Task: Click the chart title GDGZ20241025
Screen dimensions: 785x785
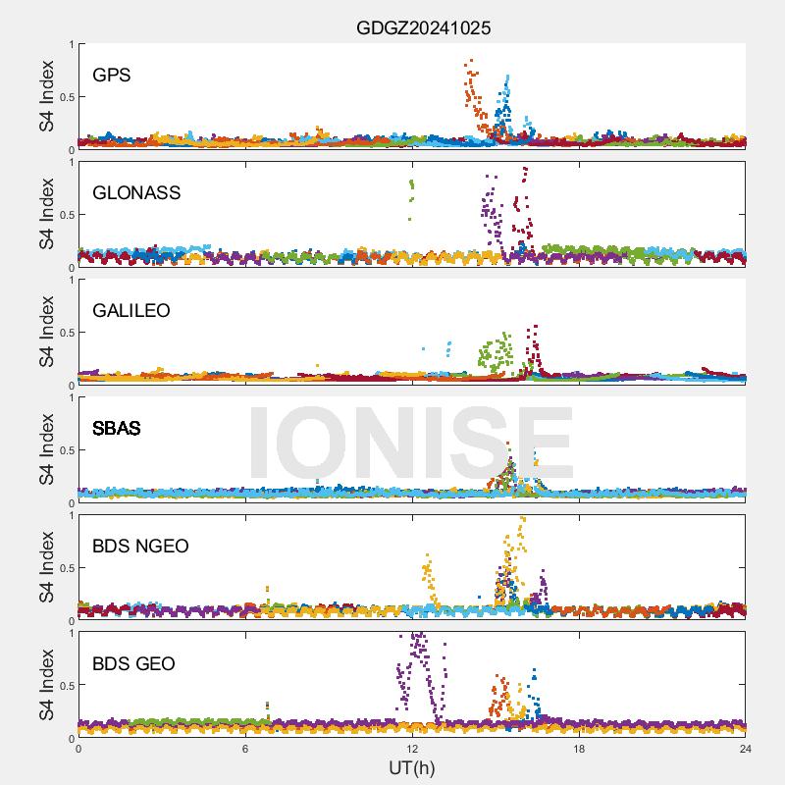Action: point(423,28)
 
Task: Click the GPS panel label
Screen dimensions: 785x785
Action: point(112,75)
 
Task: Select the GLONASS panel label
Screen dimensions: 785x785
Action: point(136,192)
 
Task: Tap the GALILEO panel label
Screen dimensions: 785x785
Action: point(131,310)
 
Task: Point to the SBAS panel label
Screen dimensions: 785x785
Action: point(116,428)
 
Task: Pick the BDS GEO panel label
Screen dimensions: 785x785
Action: point(133,663)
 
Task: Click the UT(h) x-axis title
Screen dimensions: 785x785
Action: point(412,766)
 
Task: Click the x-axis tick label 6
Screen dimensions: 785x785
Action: point(245,749)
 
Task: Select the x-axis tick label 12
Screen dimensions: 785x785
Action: point(412,749)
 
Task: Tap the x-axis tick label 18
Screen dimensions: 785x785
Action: point(579,749)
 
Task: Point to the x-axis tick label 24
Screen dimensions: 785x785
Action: point(746,749)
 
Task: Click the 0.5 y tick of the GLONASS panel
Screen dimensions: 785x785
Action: point(64,215)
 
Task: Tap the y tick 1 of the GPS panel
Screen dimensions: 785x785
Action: point(70,44)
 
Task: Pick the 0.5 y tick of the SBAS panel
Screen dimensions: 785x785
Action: point(64,450)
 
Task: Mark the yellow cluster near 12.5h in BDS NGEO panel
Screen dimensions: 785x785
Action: point(428,573)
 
